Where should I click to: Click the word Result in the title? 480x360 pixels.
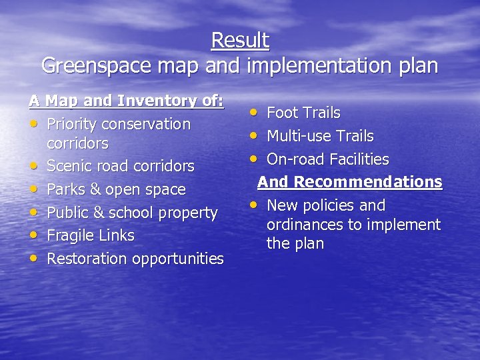(x=240, y=41)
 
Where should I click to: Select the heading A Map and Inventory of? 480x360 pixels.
(x=127, y=101)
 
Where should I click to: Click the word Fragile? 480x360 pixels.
(x=72, y=235)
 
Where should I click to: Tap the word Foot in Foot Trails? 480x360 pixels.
(x=282, y=113)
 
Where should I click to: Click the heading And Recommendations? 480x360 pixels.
(x=350, y=182)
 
